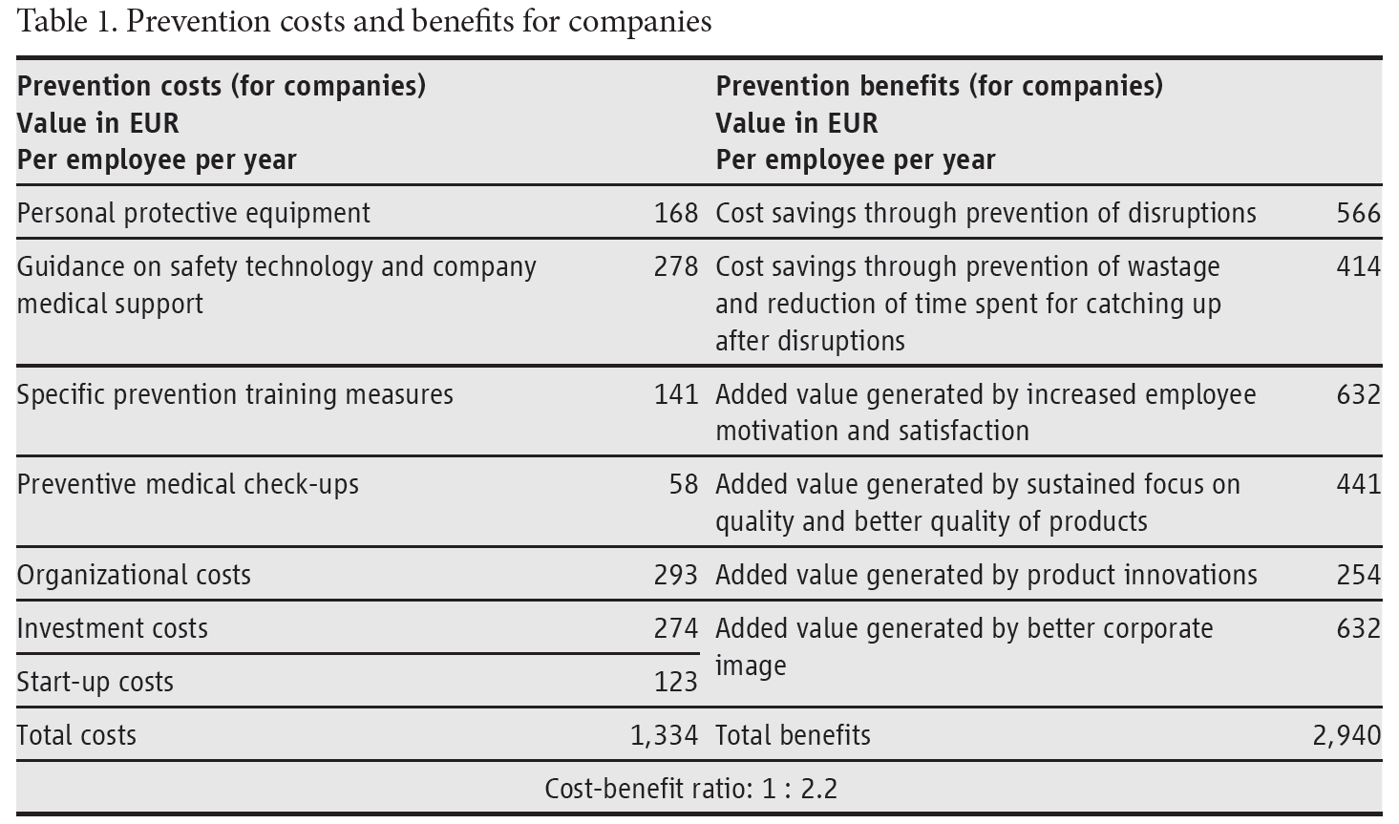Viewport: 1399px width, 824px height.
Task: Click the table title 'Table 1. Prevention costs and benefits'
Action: tap(364, 21)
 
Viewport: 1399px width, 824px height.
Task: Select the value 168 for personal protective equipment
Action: tap(676, 213)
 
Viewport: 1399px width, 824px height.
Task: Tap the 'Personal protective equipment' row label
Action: tap(193, 213)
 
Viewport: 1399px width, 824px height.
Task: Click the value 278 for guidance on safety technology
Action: tap(676, 266)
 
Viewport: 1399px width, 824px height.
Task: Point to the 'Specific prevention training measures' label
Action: tap(235, 394)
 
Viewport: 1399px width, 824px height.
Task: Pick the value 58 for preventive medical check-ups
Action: tap(684, 484)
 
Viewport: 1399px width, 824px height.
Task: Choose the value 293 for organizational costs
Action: tap(676, 575)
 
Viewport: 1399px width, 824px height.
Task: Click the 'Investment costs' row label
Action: tap(112, 628)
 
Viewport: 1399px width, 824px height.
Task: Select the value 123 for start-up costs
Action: tap(676, 682)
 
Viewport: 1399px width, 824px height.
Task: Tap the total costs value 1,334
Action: tap(664, 735)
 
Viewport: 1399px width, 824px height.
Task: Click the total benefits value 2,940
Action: tap(1346, 735)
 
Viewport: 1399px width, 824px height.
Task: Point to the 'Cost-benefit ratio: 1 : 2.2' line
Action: tap(690, 789)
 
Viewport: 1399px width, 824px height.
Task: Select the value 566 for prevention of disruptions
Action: tap(1358, 213)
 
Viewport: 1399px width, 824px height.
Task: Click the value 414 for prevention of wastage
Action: tap(1358, 266)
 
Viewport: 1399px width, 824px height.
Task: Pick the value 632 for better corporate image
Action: tap(1358, 628)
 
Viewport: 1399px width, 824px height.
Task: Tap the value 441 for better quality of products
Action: tap(1358, 484)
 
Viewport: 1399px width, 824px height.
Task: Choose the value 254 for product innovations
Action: tap(1358, 575)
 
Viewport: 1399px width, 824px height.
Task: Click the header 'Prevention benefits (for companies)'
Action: tap(939, 86)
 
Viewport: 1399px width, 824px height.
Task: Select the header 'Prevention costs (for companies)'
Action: tap(222, 86)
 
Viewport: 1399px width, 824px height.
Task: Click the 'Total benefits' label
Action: tap(793, 735)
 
